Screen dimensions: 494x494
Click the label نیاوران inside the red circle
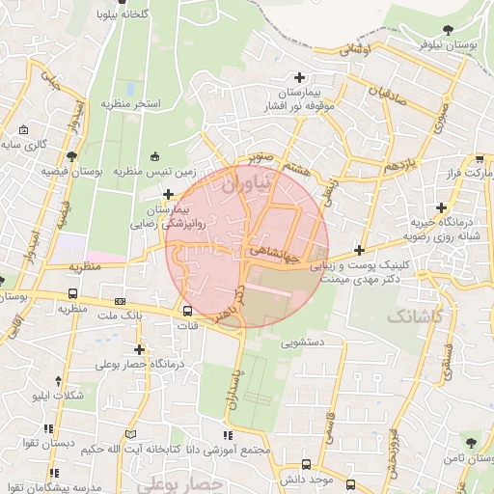pyautogui.click(x=233, y=187)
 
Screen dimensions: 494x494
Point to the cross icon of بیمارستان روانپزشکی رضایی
pyautogui.click(x=169, y=194)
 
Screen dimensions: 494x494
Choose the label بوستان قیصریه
pyautogui.click(x=71, y=171)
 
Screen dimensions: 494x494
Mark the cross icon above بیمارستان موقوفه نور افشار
pyautogui.click(x=299, y=77)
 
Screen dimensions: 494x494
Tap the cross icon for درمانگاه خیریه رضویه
pyautogui.click(x=441, y=206)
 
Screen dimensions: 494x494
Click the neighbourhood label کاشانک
pyautogui.click(x=414, y=316)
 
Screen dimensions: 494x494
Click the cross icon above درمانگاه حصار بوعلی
pyautogui.click(x=140, y=349)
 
